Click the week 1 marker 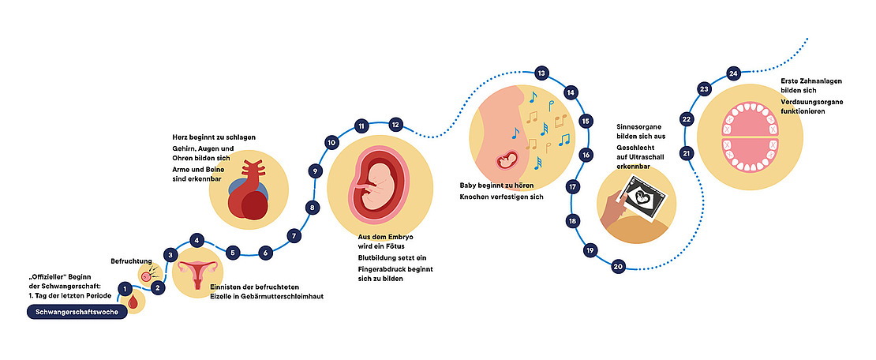pos(124,289)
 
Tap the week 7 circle pos(294,235)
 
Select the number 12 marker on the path pos(396,124)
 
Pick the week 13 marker pos(541,73)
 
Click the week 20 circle pos(618,266)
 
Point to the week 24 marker pos(733,73)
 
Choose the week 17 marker pos(571,187)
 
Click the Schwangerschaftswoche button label pos(76,313)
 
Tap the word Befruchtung pos(132,260)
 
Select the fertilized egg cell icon pos(146,276)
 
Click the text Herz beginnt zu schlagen pos(214,137)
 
